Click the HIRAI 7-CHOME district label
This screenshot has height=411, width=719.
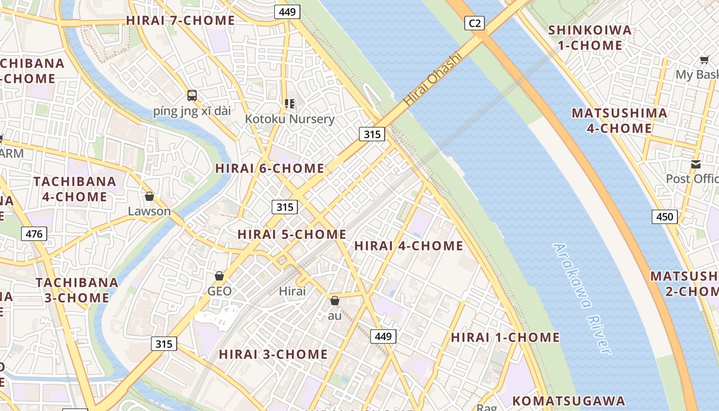tap(180, 21)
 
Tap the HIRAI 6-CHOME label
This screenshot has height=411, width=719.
tap(270, 169)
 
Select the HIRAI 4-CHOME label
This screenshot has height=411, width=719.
tap(409, 246)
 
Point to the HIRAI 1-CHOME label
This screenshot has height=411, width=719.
tap(505, 338)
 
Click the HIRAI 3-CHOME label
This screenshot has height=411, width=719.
tap(273, 354)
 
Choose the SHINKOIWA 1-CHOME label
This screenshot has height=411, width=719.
tap(590, 38)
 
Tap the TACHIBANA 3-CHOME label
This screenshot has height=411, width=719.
tap(77, 290)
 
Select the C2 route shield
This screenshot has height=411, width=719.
tap(475, 23)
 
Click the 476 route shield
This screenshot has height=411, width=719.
tap(34, 234)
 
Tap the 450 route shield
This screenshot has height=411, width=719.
tap(665, 217)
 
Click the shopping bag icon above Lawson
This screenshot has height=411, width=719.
tap(149, 197)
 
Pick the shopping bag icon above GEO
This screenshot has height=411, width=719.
tap(219, 276)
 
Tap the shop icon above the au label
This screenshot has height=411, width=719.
tap(335, 301)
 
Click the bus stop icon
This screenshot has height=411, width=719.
tap(192, 95)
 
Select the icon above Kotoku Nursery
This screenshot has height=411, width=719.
tap(290, 104)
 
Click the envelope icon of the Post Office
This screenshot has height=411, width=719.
tap(696, 164)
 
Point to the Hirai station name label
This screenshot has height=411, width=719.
tap(292, 291)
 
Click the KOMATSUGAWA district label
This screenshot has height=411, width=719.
tap(569, 401)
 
